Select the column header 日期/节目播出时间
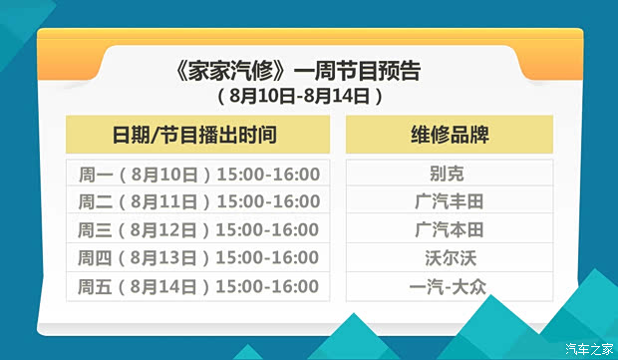197,135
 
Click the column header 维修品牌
449,135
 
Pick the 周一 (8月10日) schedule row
197,174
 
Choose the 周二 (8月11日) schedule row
197,201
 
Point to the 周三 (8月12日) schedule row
197,229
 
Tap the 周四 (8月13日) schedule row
197,258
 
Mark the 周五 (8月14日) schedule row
197,286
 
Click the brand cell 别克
449,174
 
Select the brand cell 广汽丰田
449,201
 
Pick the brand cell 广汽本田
449,229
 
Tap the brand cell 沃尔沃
449,258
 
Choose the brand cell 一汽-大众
449,286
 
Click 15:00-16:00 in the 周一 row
267,174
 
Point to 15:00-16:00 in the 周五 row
267,286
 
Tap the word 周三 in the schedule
93,229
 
